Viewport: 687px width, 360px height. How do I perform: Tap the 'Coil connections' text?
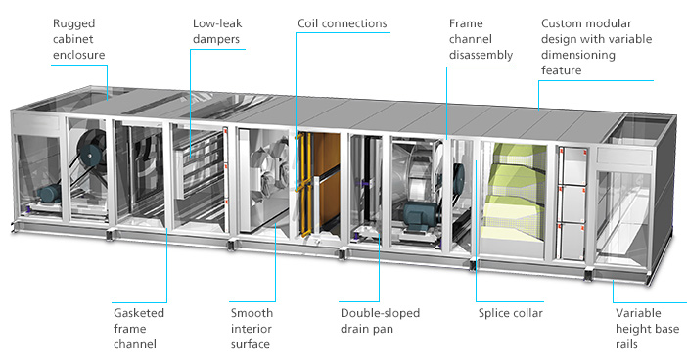click(342, 23)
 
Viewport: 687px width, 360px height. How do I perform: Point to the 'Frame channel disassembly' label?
click(481, 39)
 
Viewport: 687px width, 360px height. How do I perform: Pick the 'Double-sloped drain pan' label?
click(380, 321)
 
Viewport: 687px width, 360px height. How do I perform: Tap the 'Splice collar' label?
click(510, 313)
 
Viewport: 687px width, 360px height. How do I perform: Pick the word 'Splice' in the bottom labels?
click(496, 313)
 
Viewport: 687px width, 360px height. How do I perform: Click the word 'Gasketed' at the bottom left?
click(140, 313)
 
